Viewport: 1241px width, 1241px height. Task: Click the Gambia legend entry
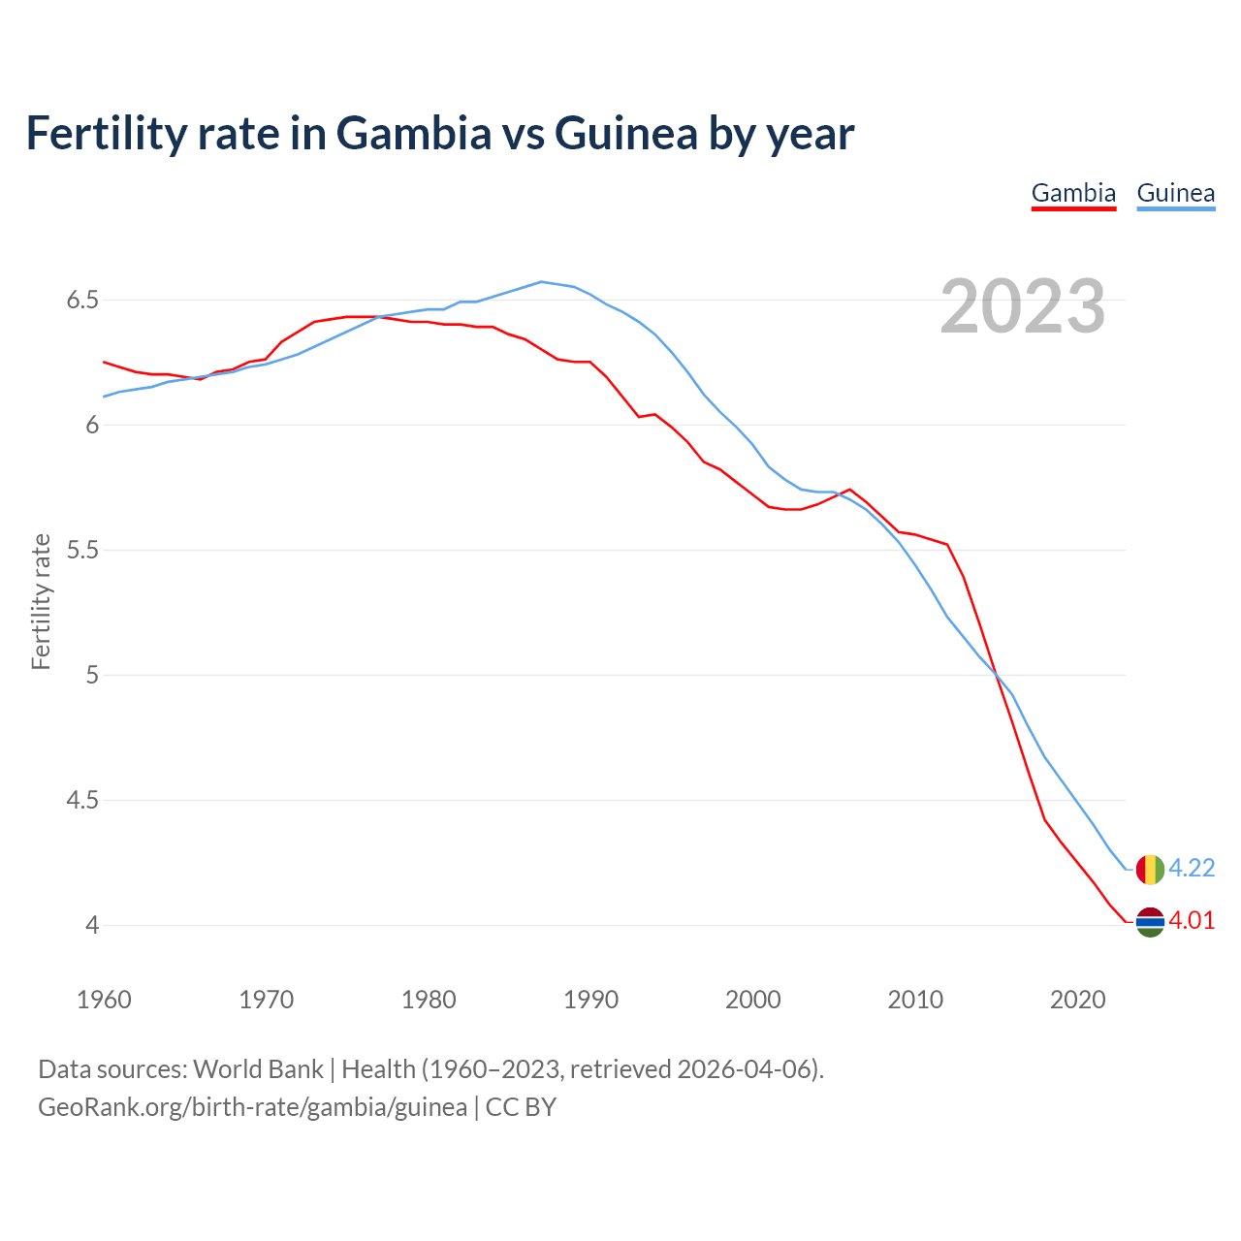pos(1073,193)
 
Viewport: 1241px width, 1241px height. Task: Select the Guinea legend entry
pos(1175,193)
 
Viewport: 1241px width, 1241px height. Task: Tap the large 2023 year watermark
pos(1023,306)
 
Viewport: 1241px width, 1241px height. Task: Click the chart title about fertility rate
pos(439,133)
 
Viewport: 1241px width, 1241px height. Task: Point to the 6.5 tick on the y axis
pos(83,301)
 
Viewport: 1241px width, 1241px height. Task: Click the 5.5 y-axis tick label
pos(83,551)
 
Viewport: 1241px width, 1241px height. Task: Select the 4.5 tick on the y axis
pos(83,801)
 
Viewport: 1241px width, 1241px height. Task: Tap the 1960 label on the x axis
pos(104,1000)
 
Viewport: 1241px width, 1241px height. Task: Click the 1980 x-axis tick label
pos(429,1000)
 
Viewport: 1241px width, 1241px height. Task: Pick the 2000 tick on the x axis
pos(753,1000)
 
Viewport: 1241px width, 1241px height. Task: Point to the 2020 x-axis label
pos(1078,1000)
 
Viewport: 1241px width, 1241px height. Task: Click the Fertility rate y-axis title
pos(41,601)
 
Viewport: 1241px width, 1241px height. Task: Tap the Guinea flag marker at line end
pos(1149,870)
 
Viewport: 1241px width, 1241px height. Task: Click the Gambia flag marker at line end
pos(1149,922)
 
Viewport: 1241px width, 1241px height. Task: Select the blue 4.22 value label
pos(1192,868)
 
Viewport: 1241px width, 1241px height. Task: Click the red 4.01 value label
pos(1192,920)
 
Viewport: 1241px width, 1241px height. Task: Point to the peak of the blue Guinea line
pos(542,282)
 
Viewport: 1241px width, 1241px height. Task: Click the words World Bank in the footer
pos(258,1069)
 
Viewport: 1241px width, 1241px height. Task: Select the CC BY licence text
pos(521,1107)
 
